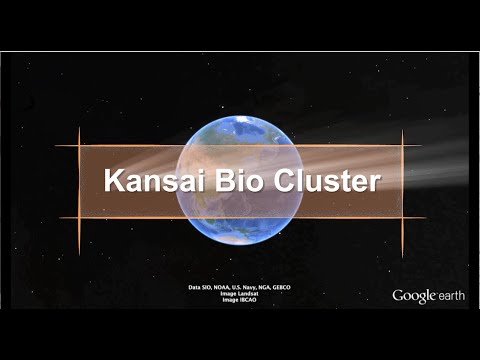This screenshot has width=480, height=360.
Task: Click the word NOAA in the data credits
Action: (220, 288)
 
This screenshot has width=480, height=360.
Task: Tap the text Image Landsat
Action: (240, 294)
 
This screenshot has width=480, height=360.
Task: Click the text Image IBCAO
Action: (240, 300)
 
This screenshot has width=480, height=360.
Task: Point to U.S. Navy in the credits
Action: (243, 288)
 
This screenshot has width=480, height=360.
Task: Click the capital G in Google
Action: (398, 296)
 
